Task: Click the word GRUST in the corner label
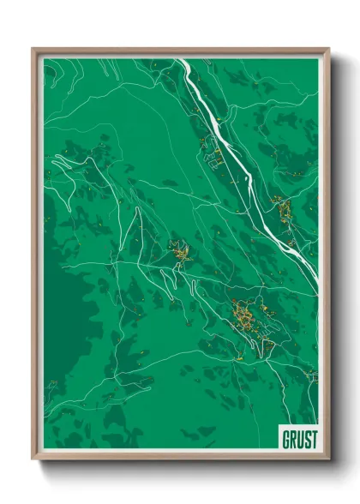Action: [297, 438]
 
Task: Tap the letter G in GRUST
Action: [285, 438]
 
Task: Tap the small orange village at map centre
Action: [180, 253]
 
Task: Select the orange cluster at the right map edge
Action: [281, 207]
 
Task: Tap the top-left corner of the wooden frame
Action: [33, 49]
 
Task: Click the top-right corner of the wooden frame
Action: [328, 49]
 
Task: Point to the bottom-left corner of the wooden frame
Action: [33, 459]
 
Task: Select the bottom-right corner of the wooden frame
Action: [328, 459]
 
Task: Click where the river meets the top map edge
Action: [180, 59]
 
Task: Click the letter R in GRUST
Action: [291, 438]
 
